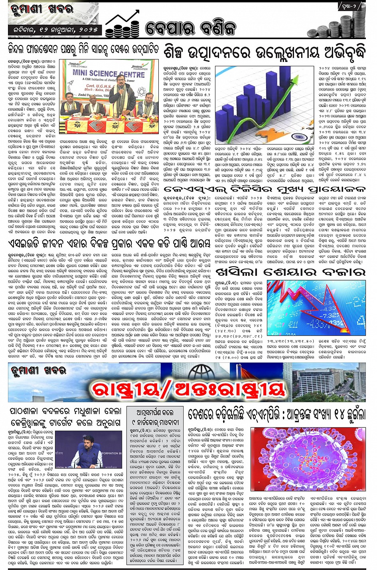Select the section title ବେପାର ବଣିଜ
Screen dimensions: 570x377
pyautogui.click(x=190, y=28)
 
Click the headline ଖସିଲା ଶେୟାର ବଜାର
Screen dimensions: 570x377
pyautogui.click(x=290, y=272)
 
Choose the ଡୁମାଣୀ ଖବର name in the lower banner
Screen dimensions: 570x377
pyautogui.click(x=39, y=371)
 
